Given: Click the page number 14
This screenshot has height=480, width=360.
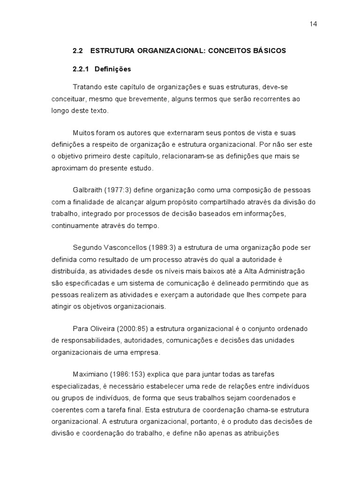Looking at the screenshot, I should [314, 24].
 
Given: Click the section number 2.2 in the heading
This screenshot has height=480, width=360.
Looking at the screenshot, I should [78, 51].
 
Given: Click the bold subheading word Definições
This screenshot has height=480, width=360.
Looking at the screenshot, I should [112, 69].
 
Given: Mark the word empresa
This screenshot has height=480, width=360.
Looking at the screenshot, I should [146, 352].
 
